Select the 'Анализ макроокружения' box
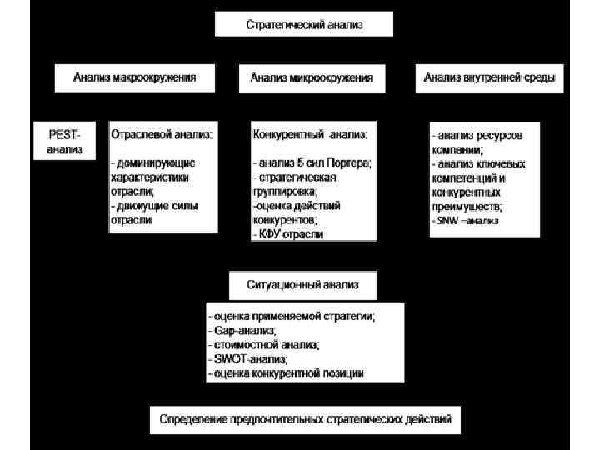point(135,78)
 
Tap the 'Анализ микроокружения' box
point(312,79)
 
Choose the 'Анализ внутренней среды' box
point(489,78)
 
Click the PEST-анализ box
point(64,141)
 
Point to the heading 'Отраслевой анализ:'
point(162,133)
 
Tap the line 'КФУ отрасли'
point(288,235)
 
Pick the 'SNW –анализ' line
point(467,221)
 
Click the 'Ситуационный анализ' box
point(302,284)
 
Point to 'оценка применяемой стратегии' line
point(292,317)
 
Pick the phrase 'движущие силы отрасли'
point(153,212)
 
